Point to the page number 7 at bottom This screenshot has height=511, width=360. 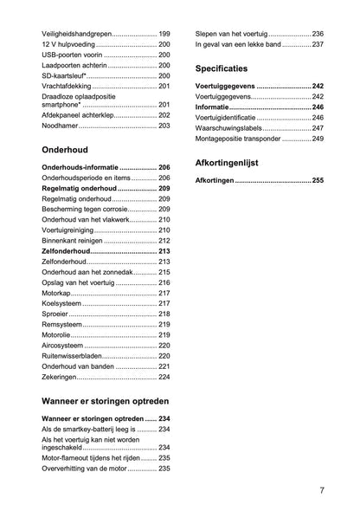coord(321,490)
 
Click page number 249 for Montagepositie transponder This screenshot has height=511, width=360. coord(318,139)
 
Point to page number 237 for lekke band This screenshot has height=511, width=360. coord(318,44)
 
